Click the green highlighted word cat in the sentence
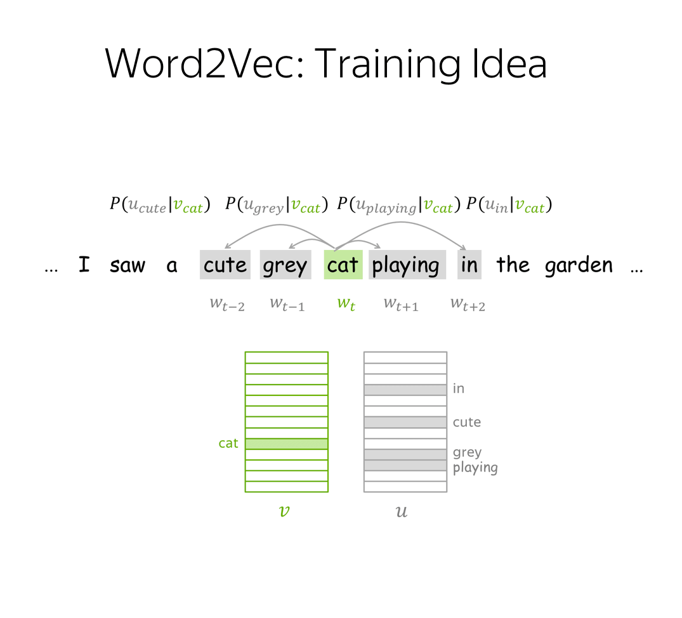343,265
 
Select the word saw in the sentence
128,265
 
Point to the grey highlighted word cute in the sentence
225,265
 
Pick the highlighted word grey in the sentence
285,265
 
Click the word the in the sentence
513,265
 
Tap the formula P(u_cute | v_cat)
160,205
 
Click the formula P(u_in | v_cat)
509,205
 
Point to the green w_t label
346,303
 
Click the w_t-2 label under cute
227,304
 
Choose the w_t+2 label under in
468,304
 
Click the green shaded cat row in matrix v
287,444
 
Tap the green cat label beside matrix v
228,443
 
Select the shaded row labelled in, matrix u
405,390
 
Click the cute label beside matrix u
467,422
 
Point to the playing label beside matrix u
475,468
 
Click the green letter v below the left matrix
284,511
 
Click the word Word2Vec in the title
204,63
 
